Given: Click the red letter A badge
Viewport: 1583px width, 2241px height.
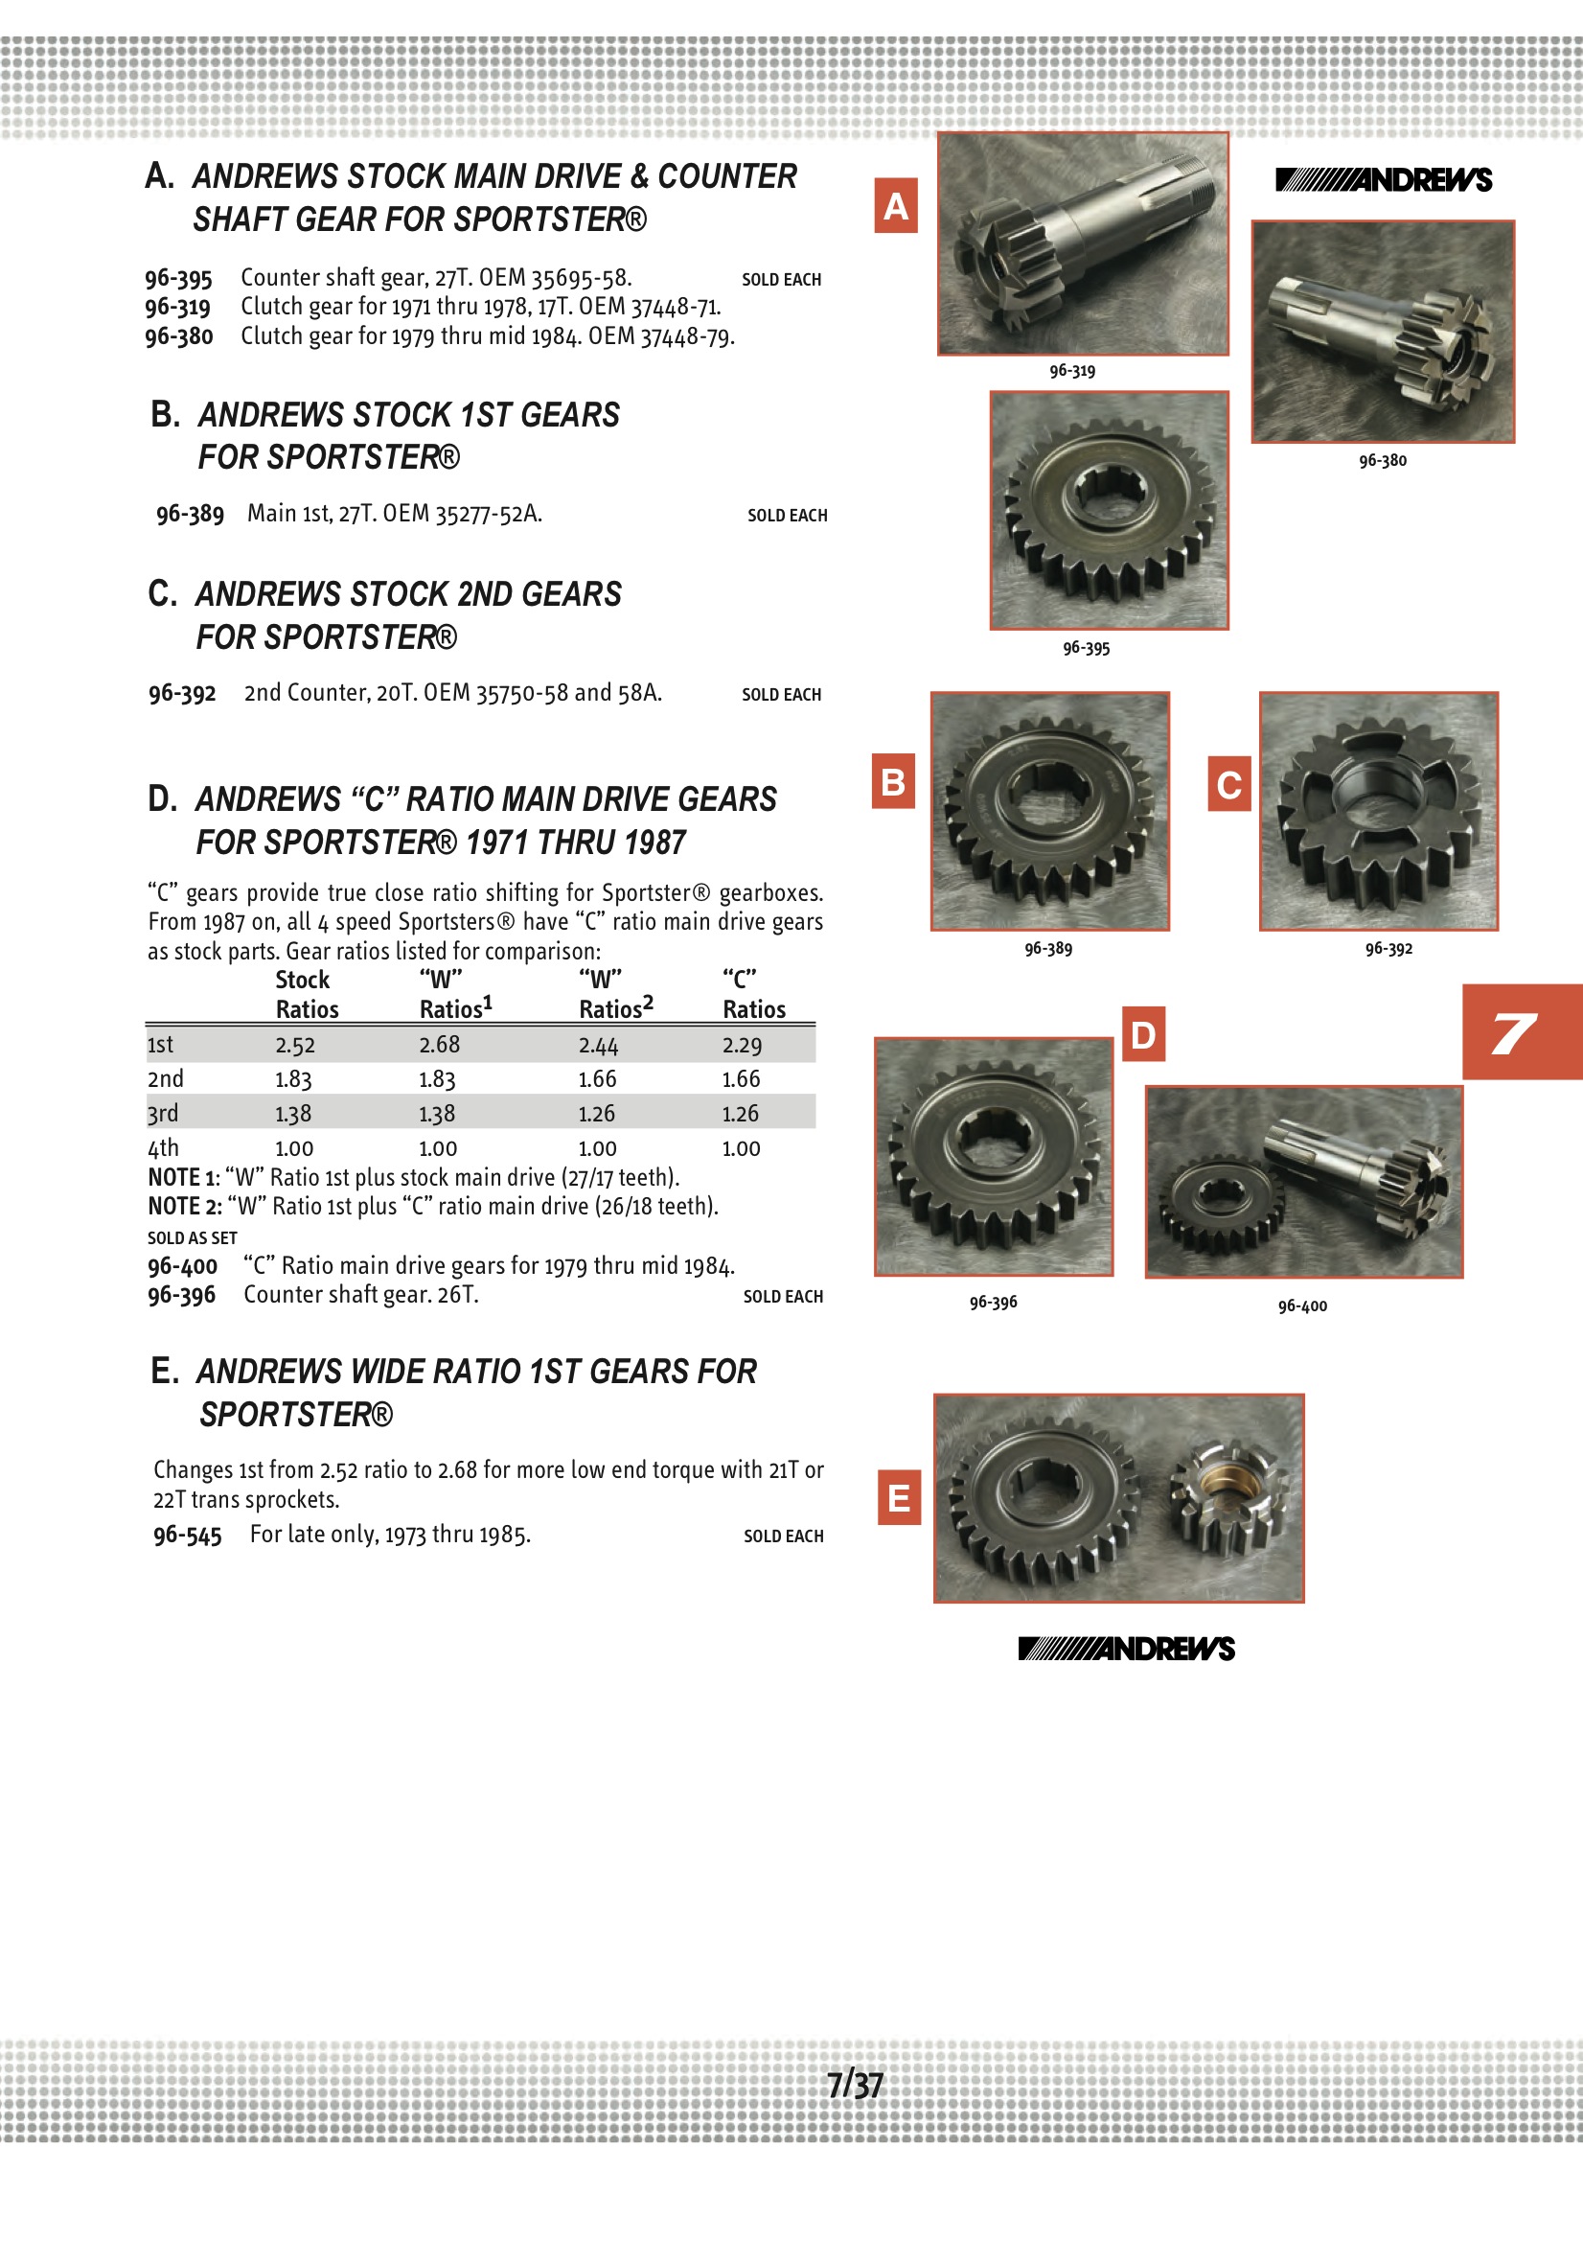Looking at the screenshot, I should pos(896,206).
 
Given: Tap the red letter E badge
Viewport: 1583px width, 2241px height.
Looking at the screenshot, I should pos(899,1497).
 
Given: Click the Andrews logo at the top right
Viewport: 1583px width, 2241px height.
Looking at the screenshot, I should pos(1383,179).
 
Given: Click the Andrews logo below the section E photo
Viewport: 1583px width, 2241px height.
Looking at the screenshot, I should pos(1126,1649).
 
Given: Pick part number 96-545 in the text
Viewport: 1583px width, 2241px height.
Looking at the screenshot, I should pos(188,1536).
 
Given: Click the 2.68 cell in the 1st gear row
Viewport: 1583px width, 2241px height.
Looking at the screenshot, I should pos(439,1045).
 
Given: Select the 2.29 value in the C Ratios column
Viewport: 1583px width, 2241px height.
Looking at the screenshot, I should pos(742,1046).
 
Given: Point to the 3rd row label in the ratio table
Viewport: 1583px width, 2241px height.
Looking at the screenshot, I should pos(163,1113).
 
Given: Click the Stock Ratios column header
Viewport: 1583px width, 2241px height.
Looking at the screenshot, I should pos(307,995).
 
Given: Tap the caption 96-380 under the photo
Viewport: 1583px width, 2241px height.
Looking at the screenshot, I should pos(1382,461).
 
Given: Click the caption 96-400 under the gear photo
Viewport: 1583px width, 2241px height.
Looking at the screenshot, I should pos(1302,1305).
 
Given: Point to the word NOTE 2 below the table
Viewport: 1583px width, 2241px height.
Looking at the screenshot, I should pos(184,1207).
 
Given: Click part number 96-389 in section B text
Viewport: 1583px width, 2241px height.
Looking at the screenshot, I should pos(191,515).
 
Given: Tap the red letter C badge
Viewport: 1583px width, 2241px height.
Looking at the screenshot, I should pos(1228,784).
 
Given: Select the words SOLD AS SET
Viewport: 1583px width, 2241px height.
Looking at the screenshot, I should pos(193,1237).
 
